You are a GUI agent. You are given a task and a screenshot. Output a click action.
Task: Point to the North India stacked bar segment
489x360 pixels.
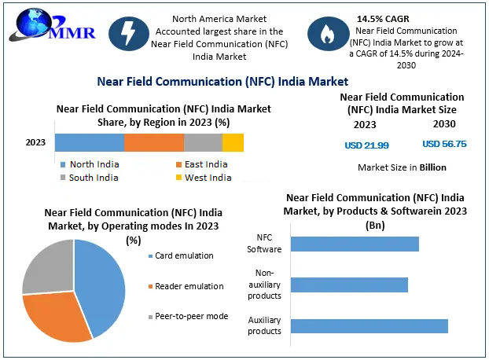pos(90,142)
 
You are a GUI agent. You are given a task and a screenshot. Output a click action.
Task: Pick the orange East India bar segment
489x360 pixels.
pos(154,142)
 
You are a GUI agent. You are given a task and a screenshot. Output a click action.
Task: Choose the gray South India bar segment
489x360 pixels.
pos(203,142)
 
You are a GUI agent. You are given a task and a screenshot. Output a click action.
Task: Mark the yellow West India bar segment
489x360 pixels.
pos(233,142)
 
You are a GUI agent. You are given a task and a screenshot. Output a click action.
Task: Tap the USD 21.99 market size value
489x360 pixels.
pos(366,145)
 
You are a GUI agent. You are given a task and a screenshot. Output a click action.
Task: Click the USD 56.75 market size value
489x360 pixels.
pos(444,145)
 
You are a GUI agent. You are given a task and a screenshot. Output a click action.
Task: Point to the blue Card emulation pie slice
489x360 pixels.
pos(101,287)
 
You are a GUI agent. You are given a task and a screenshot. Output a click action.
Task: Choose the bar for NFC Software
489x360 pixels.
pos(355,244)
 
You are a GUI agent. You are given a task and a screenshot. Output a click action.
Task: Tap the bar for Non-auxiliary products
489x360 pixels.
pos(349,285)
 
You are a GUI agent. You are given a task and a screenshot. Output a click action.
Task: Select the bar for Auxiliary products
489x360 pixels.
pos(369,325)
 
